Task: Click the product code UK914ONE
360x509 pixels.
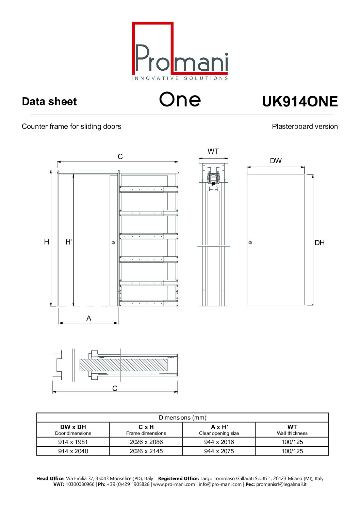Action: pos(299,102)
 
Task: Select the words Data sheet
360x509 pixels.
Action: pos(49,101)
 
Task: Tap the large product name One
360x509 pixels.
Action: pos(180,99)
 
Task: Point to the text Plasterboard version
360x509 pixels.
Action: pos(305,126)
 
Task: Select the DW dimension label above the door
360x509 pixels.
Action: pos(276,161)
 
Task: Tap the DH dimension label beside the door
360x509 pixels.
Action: pos(320,243)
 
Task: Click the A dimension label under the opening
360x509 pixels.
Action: pos(89,318)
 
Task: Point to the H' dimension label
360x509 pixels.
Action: pos(68,242)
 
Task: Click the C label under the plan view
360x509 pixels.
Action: pos(115,388)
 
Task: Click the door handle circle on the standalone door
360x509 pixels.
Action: pos(250,243)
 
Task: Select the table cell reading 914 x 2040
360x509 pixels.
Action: pos(73,451)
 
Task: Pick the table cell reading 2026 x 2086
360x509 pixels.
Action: pos(146,442)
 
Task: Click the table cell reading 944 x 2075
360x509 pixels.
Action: pos(219,451)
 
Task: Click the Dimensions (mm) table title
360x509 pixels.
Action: pos(182,418)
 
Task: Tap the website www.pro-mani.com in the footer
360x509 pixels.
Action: pos(174,484)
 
